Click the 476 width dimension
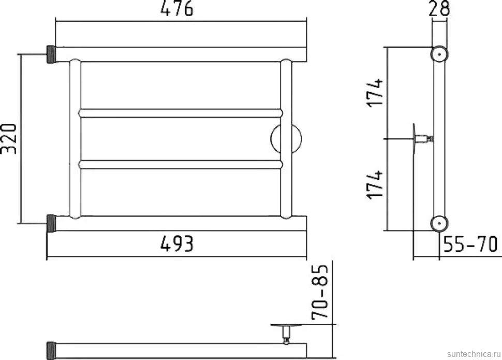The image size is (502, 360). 176,8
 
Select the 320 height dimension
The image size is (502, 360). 9,138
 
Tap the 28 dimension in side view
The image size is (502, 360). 439,8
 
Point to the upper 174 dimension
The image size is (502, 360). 375,92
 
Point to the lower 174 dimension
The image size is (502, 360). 375,185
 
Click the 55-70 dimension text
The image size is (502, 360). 470,244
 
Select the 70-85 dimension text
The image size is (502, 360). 320,292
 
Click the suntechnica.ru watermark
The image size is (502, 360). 474,354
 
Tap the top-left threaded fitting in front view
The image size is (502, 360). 51,54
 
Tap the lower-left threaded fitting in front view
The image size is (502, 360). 51,223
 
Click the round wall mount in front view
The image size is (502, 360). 286,139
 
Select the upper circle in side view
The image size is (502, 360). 439,54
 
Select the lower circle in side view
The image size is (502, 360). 439,223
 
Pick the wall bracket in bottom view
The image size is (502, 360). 286,334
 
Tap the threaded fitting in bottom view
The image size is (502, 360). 51,351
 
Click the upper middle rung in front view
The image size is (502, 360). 181,113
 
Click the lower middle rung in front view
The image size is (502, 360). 181,164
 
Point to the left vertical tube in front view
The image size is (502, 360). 75,139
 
